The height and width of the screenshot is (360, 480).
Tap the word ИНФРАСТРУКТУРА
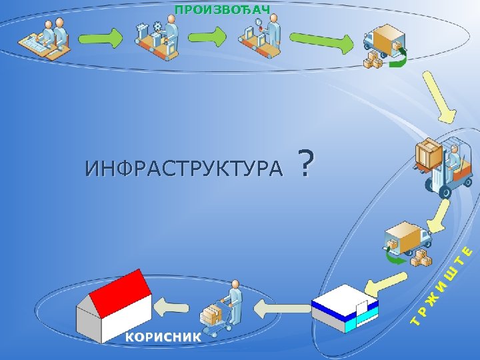(183, 169)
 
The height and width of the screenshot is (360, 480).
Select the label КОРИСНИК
(163, 337)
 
